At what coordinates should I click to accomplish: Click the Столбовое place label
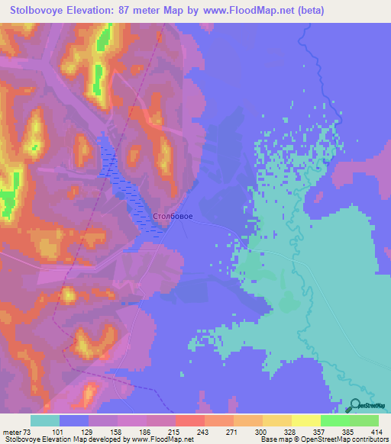[x=172, y=217]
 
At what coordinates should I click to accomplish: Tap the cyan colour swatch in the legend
[x=45, y=420]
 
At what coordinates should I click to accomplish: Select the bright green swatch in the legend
[x=334, y=420]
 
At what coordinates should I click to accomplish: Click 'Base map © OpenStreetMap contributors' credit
[x=324, y=439]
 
